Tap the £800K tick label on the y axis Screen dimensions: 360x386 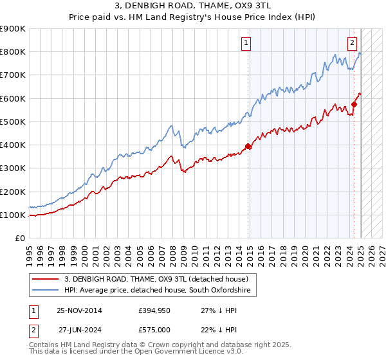pyautogui.click(x=13, y=52)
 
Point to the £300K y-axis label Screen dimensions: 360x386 pyautogui.click(x=13, y=168)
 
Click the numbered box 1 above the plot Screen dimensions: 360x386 pyautogui.click(x=246, y=44)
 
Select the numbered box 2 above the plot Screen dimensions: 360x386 pyautogui.click(x=353, y=44)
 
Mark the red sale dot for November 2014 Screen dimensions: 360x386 pyautogui.click(x=248, y=147)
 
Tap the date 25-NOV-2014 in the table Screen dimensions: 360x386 pyautogui.click(x=79, y=310)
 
